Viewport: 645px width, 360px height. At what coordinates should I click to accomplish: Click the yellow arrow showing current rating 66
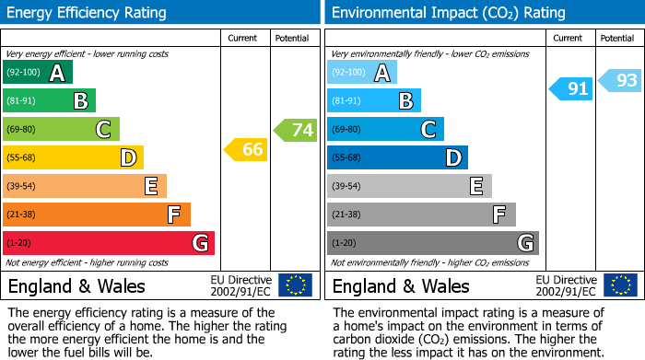coord(247,149)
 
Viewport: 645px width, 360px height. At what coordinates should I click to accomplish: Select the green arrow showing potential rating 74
coord(297,130)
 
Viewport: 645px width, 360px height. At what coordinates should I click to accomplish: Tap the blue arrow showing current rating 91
coord(571,88)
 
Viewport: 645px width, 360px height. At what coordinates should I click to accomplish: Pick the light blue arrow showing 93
coord(621,80)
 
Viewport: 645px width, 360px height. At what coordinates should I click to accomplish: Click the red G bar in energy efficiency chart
coord(109,243)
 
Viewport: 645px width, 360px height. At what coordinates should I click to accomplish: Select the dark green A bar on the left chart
coord(38,73)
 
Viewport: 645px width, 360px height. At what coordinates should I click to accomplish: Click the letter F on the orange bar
coord(173,215)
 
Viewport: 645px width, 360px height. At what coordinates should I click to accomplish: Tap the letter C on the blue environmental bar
coord(428,130)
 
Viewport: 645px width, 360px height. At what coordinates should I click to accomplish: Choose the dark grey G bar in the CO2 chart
coord(433,243)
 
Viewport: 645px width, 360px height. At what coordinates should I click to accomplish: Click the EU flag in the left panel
coord(296,285)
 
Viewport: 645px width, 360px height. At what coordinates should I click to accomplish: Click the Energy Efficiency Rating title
coord(88,13)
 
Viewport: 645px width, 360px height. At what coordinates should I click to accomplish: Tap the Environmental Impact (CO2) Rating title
coord(447,13)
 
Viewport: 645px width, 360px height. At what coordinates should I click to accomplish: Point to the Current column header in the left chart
coord(244,38)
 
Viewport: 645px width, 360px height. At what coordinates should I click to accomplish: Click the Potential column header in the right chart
coord(616,38)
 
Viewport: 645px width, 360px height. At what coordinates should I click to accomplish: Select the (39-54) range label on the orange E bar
coord(20,187)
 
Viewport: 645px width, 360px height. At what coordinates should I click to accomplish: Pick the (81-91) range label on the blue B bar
coord(346,101)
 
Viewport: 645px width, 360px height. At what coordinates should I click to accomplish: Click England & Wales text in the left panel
coord(76,286)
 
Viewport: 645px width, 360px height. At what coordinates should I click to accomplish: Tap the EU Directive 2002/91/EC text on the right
coord(569,285)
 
